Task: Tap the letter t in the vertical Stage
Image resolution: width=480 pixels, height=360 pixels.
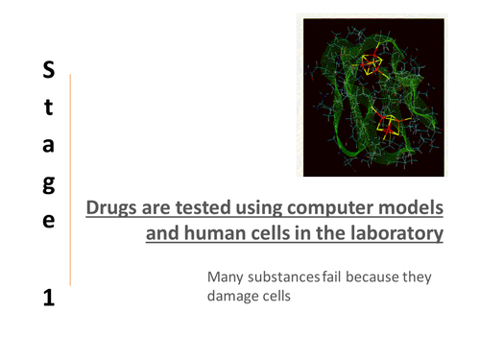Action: point(49,108)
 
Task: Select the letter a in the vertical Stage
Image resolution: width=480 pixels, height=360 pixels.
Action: point(49,145)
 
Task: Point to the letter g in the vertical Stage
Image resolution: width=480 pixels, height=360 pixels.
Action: point(49,184)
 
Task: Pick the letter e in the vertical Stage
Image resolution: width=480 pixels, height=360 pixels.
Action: point(49,220)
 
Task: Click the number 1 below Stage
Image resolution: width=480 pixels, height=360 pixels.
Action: point(49,298)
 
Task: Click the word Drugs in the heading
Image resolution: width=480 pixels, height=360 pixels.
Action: point(111,208)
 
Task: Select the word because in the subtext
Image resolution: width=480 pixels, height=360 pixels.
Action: point(375,278)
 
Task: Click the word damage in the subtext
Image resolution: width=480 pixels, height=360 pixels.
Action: point(235,298)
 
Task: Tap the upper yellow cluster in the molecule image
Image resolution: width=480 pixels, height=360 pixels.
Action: point(370,65)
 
